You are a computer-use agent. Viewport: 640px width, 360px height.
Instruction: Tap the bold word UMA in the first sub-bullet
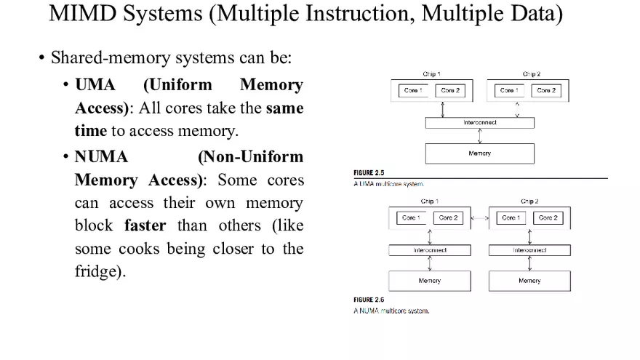(95, 85)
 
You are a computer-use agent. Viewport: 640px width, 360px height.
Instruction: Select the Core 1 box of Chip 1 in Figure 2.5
(415, 90)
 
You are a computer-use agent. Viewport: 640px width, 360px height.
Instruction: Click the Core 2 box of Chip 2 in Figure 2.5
(546, 90)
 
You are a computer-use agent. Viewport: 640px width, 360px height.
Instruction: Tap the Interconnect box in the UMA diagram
(479, 123)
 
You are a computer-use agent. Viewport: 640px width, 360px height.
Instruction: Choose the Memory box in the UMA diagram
(479, 153)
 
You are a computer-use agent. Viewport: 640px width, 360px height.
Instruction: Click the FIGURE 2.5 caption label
(369, 173)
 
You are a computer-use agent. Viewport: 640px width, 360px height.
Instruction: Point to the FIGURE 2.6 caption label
(369, 300)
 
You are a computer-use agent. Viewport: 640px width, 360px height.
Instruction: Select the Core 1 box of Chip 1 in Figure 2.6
(412, 217)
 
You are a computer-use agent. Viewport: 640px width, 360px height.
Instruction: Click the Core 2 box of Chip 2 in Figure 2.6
(548, 217)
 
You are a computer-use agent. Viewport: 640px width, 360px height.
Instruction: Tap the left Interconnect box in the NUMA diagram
(430, 250)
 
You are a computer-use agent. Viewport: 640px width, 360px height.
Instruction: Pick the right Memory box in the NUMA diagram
(529, 281)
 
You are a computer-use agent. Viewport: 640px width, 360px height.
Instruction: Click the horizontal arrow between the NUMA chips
(479, 217)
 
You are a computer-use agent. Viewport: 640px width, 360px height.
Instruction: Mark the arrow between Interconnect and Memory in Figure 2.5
(479, 136)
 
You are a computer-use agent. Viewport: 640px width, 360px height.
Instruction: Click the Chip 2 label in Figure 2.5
(531, 74)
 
